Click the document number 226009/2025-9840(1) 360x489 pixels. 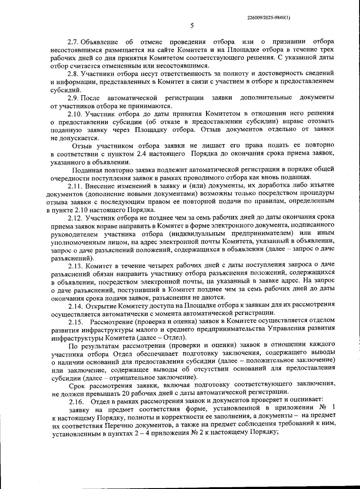(x=268, y=17)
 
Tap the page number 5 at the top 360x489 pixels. (x=192, y=26)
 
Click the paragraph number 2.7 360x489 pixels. (x=73, y=41)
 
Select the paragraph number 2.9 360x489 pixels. (x=73, y=98)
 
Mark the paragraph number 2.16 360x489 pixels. (x=76, y=401)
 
